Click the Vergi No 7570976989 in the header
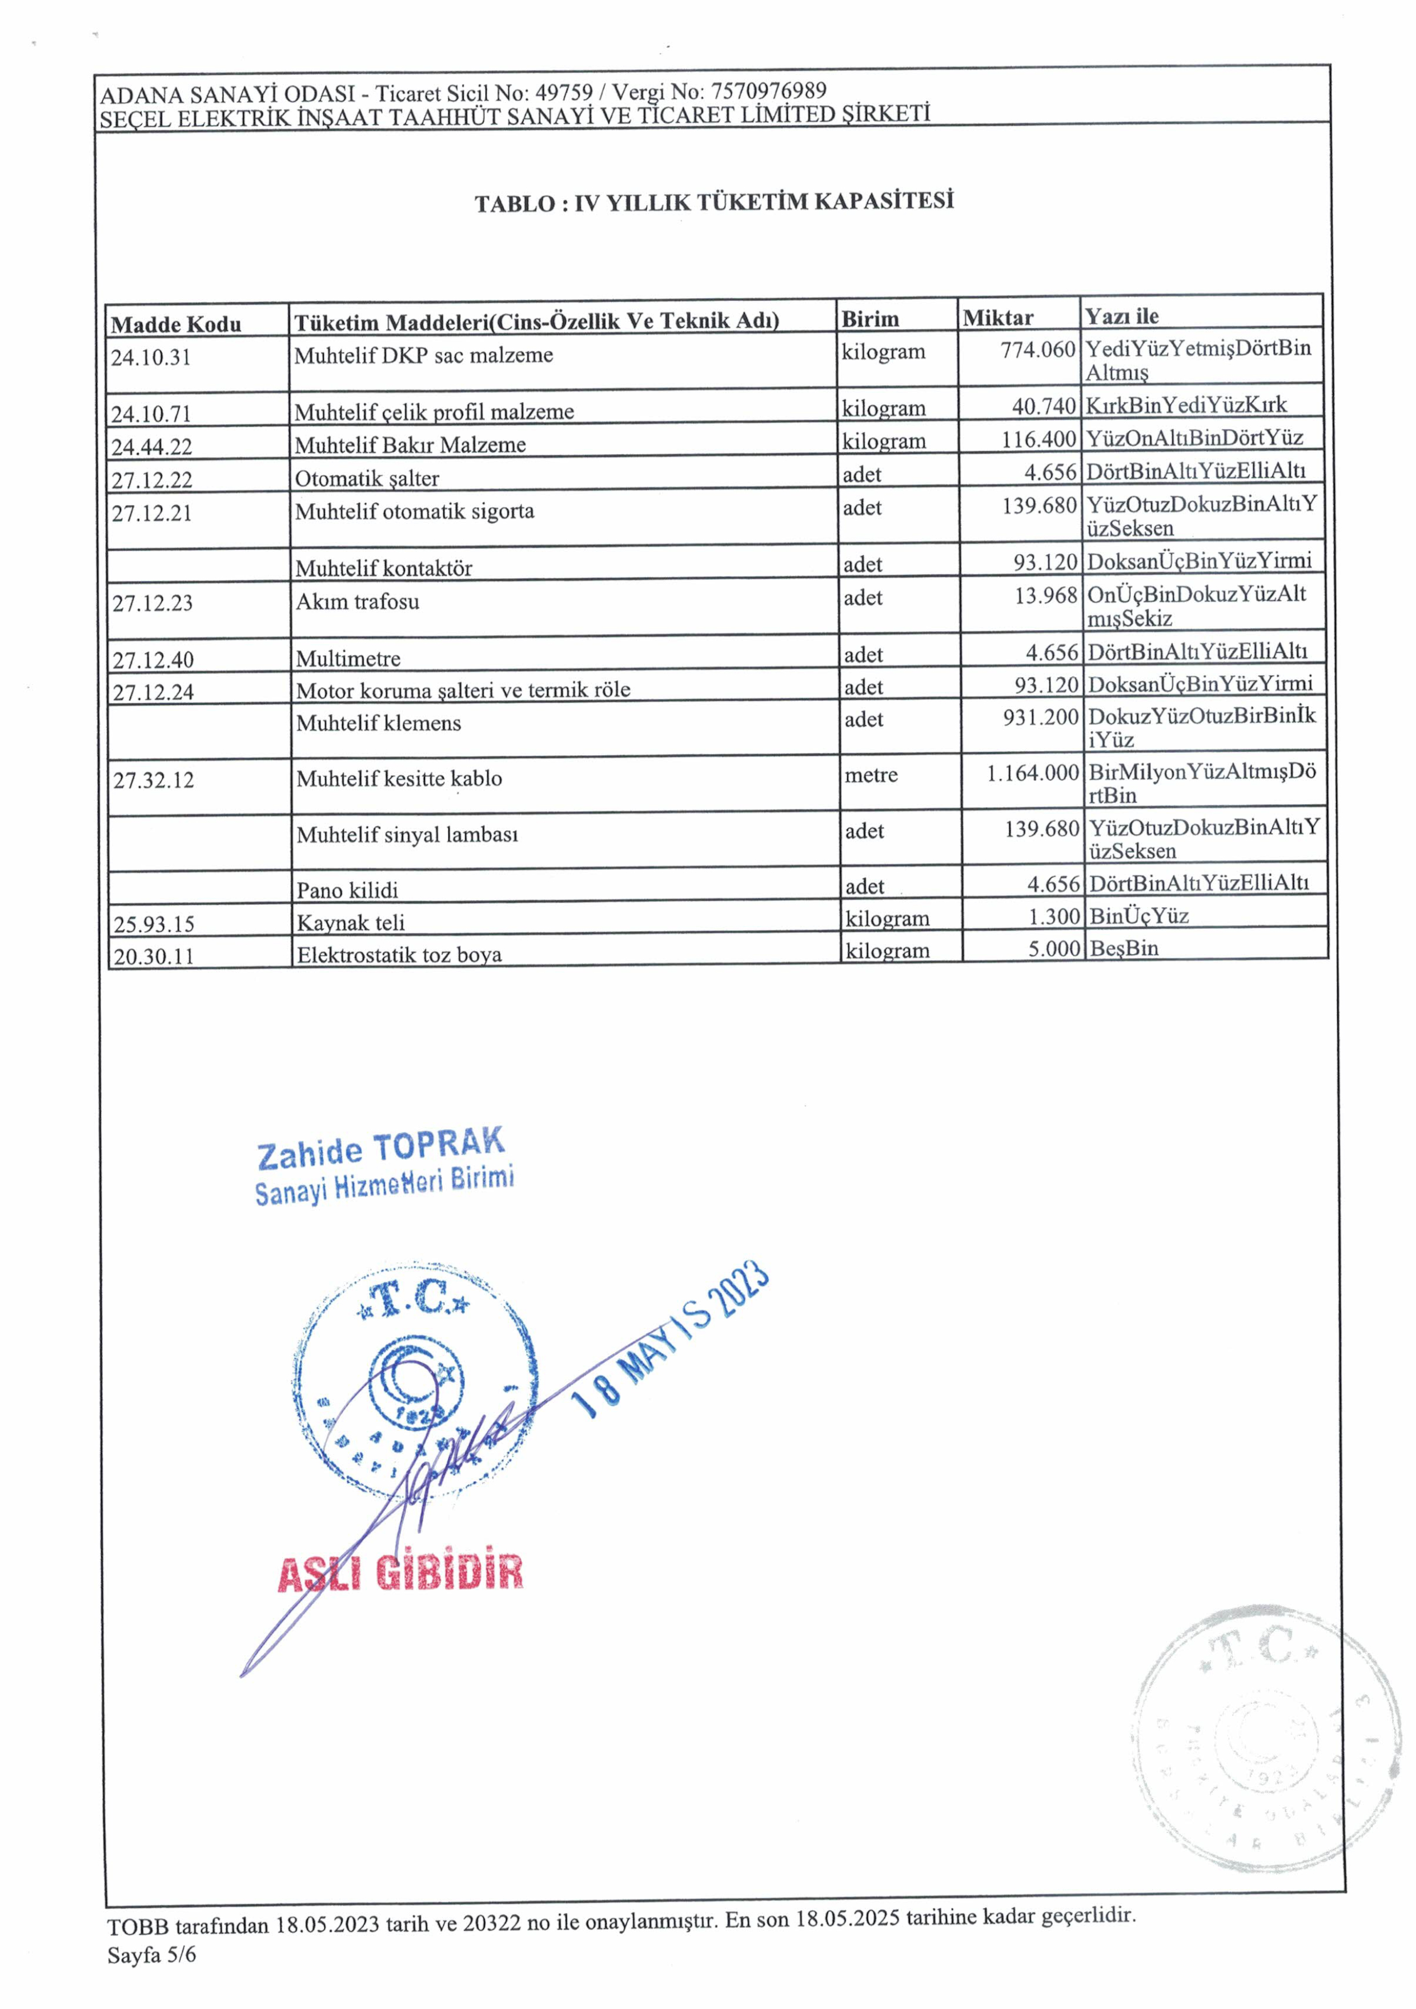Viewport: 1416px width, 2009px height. (768, 91)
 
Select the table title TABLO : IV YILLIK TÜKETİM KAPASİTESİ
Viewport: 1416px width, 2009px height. (713, 202)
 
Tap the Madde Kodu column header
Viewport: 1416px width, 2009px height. (176, 324)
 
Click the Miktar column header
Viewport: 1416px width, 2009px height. (998, 318)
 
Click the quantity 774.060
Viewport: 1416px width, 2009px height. (1037, 350)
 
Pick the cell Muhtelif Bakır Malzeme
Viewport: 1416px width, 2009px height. (410, 444)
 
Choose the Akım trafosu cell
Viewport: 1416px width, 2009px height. (357, 602)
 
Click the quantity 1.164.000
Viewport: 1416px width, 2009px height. (1033, 773)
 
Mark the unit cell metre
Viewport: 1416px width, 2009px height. (871, 775)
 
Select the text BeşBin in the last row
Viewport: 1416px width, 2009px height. (1123, 948)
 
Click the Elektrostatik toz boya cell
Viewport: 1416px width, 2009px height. (399, 955)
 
